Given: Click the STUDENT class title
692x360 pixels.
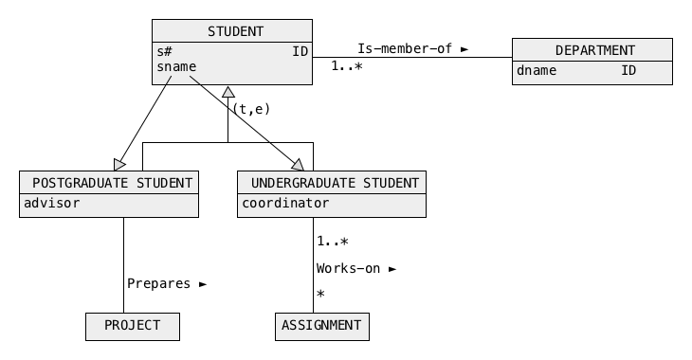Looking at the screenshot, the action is [x=235, y=32].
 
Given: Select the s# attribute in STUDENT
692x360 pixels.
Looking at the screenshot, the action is [x=164, y=51].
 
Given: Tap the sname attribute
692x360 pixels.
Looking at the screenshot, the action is [x=176, y=66].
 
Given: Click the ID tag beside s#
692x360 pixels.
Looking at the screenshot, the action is [x=300, y=51].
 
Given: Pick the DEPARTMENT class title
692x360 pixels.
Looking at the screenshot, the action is [x=595, y=51].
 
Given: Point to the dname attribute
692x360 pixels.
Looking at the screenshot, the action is [x=537, y=71].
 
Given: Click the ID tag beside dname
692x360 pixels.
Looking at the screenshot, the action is [x=628, y=71].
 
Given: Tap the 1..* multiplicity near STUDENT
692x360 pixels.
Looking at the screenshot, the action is [x=347, y=66].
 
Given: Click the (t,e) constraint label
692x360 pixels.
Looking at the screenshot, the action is [x=251, y=109].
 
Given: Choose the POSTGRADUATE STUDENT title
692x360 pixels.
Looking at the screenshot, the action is [x=112, y=183].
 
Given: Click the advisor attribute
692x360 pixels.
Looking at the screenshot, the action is [x=51, y=203].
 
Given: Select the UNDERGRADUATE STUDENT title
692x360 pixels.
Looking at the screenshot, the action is [x=335, y=183].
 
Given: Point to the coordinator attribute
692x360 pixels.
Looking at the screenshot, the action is [x=285, y=203].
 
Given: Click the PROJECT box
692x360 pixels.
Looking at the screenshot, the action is [x=133, y=327].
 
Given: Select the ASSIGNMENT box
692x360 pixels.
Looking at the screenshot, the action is [x=322, y=327].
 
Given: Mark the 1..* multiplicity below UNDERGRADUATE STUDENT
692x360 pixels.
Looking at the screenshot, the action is [x=333, y=242].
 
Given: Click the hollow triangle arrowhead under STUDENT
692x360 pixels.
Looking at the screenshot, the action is [x=228, y=92].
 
